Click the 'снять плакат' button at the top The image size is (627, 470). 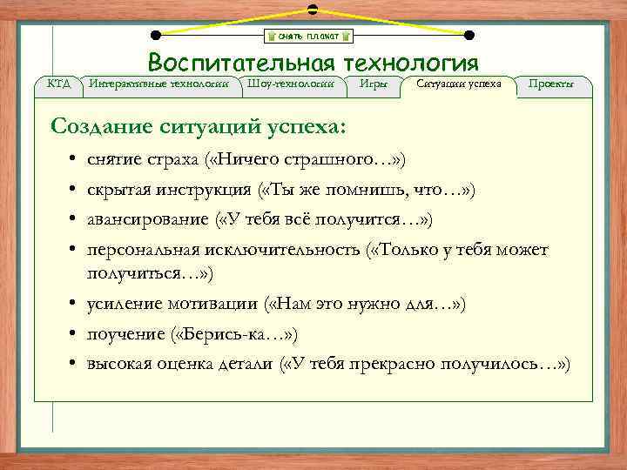click(309, 36)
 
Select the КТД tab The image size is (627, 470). click(58, 84)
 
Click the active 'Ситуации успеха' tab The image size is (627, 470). click(459, 84)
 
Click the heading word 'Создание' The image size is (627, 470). click(103, 126)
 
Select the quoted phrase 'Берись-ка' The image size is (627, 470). click(229, 334)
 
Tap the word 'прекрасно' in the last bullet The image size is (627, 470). click(385, 362)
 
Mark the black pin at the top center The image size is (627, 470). click(312, 9)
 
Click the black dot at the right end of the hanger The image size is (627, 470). click(469, 36)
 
